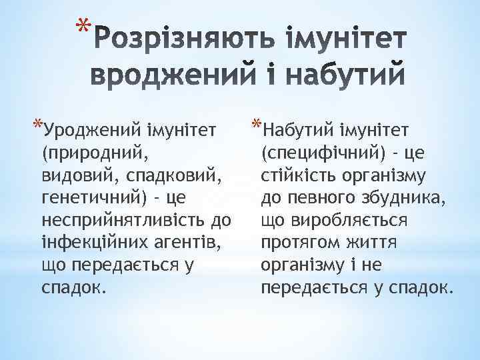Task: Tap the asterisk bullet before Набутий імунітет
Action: (x=258, y=125)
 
